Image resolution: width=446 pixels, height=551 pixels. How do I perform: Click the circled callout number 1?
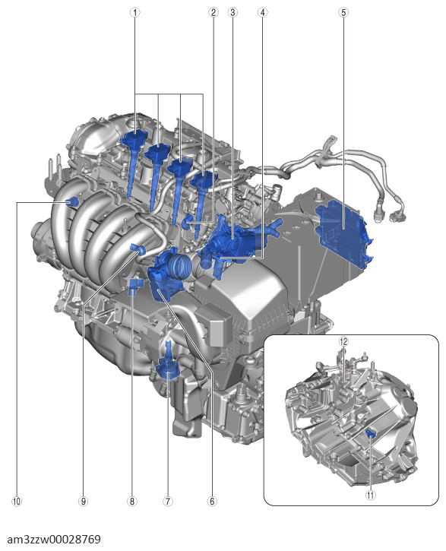coord(136,12)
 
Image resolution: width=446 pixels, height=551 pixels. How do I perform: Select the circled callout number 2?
coord(214,12)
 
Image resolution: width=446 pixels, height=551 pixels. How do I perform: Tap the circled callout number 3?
coord(232,12)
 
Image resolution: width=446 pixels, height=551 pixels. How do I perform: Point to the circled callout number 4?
coord(263,12)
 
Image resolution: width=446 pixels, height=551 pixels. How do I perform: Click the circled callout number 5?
coord(343,12)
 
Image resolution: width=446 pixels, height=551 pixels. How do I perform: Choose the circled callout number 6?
coord(212,502)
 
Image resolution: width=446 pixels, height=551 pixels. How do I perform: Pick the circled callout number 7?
coord(168,502)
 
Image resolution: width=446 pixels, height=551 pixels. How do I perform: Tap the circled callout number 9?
coord(84,502)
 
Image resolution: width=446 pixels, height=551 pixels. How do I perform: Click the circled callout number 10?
coord(16,502)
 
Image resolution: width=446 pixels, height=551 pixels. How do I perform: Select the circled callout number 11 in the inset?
coord(370,494)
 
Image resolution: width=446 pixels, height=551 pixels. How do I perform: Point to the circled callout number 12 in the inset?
coord(343,342)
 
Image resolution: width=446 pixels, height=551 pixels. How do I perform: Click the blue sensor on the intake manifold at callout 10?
coord(74,201)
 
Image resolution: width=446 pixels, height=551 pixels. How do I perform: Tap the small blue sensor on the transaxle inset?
coord(370,433)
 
